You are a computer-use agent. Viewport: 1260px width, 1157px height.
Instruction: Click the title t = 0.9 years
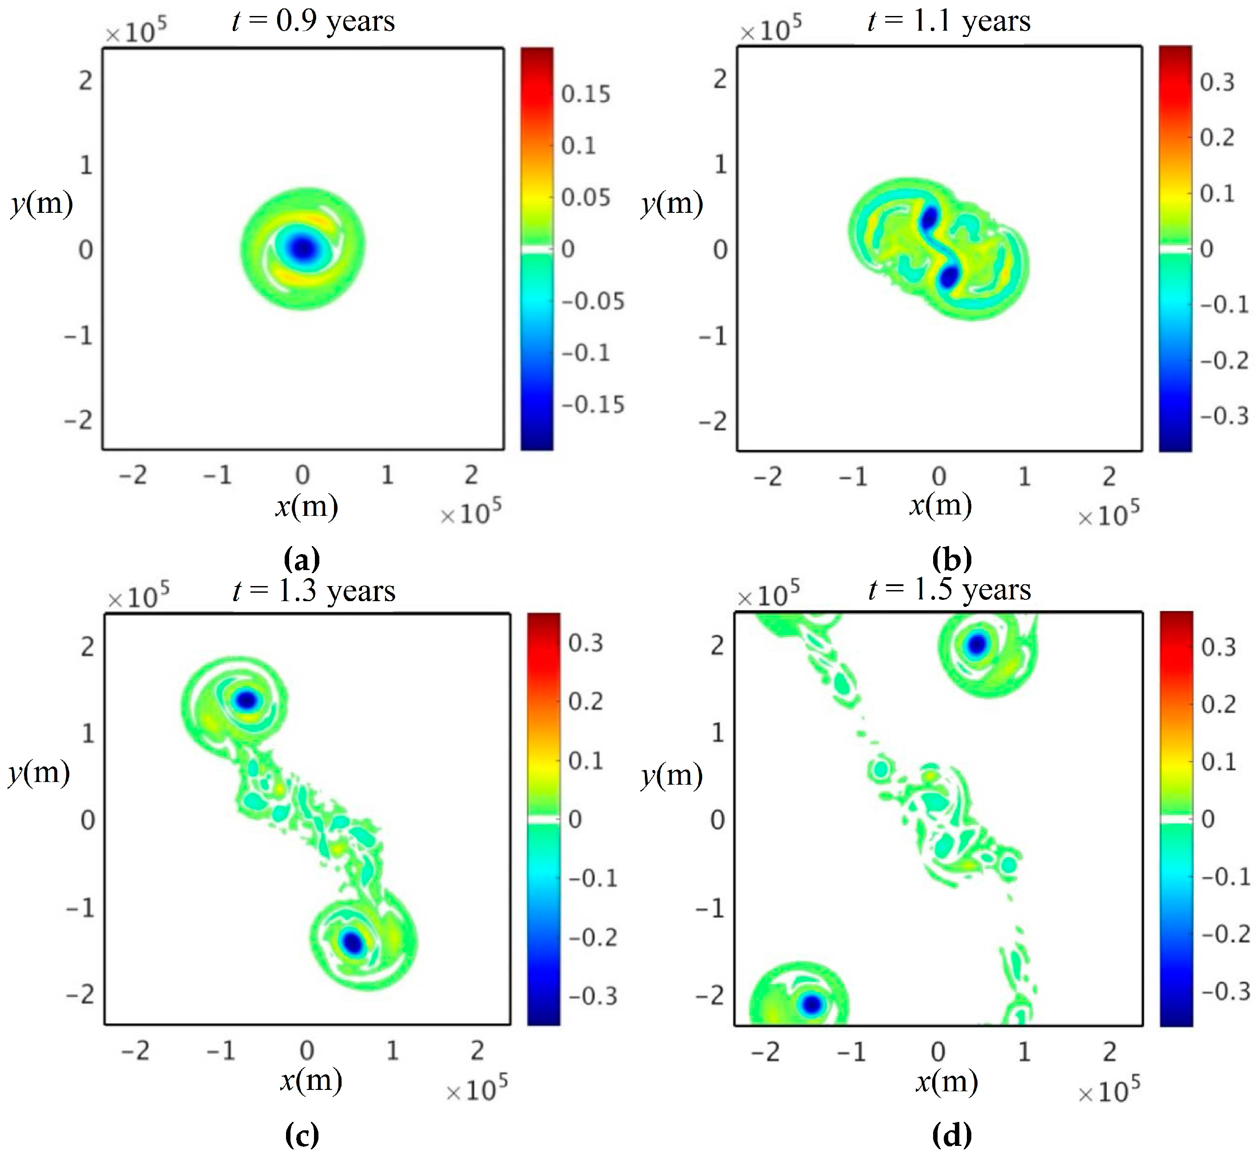coord(313,21)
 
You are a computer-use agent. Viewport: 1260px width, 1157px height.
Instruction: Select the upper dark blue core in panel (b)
coord(929,219)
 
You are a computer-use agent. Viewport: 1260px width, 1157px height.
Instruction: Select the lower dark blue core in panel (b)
coord(950,276)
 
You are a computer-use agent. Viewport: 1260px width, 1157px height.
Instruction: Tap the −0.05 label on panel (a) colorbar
coord(592,301)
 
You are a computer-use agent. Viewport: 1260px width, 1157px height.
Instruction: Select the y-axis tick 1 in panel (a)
coord(86,165)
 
